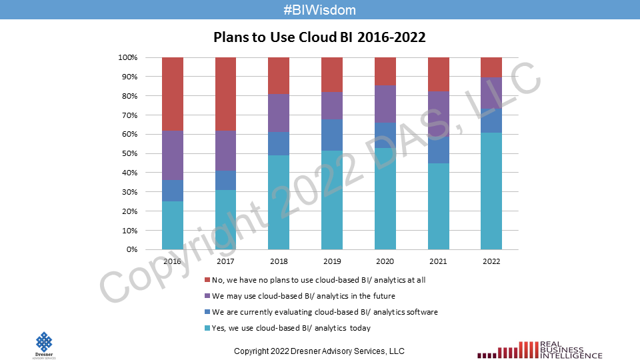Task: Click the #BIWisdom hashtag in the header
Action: pos(319,10)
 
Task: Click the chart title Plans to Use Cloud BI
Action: pos(319,37)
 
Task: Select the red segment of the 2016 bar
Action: pos(173,93)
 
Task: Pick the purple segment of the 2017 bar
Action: pos(225,150)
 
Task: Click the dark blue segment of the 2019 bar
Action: pos(331,135)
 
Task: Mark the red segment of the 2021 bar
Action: pos(438,74)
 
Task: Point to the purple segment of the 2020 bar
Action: pos(385,104)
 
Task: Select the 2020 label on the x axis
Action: pos(385,262)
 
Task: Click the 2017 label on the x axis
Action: pos(225,262)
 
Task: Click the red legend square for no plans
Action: pos(207,280)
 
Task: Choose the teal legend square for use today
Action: pos(207,328)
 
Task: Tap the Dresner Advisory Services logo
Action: pos(44,345)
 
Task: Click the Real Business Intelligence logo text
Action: pos(561,350)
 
